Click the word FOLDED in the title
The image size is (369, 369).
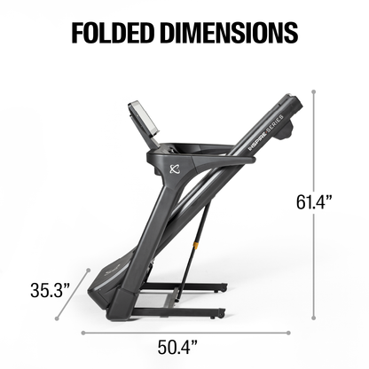(x=114, y=31)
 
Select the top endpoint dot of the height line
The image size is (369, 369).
(x=315, y=90)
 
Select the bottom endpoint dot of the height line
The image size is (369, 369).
(x=315, y=319)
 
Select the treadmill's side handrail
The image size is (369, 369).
(x=213, y=161)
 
